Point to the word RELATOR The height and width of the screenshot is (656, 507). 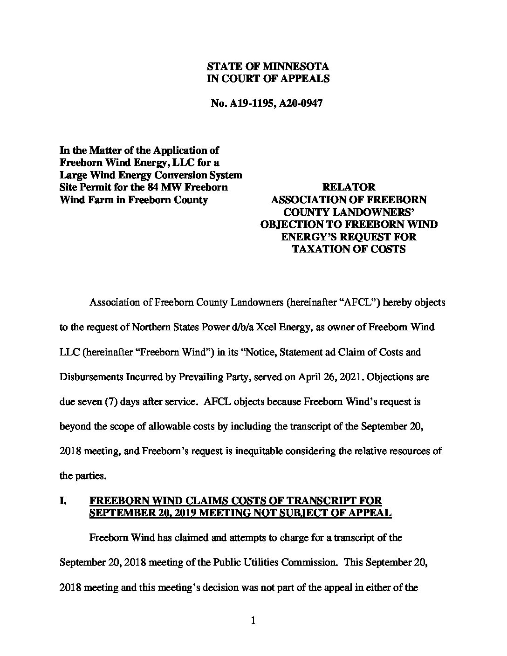[349, 187]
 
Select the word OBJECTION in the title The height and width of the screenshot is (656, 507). [291, 225]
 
